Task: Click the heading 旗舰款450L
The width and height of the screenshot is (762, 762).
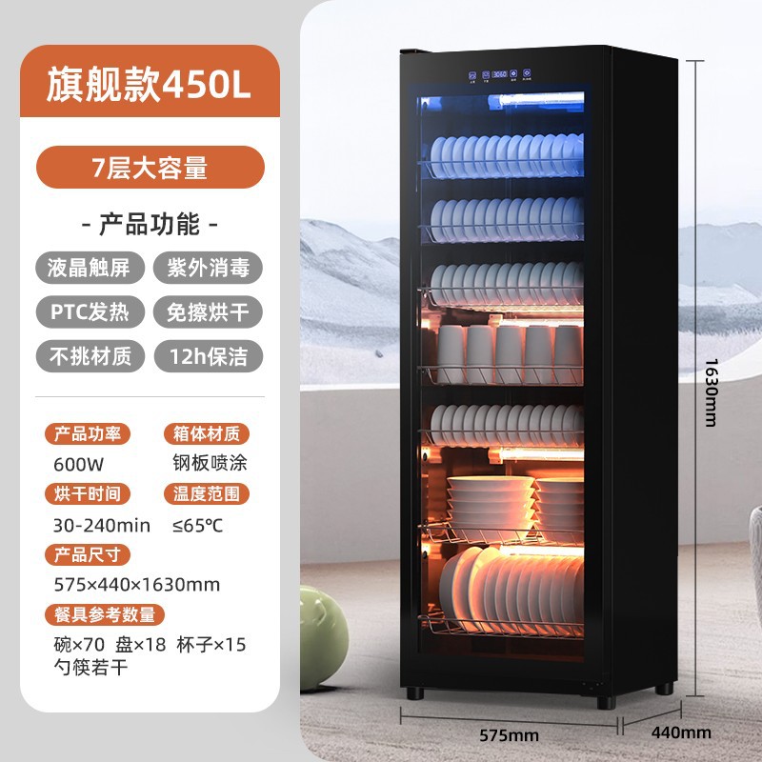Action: tap(150, 85)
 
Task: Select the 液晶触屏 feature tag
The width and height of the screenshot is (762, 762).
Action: tap(90, 268)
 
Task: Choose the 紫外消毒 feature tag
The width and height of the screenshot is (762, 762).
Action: tap(208, 268)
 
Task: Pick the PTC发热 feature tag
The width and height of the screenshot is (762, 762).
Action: tap(90, 311)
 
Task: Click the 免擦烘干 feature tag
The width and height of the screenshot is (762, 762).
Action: tap(208, 311)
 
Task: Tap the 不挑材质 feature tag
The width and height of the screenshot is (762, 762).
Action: tap(90, 355)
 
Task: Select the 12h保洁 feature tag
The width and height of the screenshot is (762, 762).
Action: tap(208, 355)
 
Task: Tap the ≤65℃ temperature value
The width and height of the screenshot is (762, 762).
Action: tap(197, 525)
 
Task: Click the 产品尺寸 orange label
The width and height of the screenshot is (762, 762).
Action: tap(87, 554)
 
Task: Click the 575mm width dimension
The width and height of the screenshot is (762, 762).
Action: tap(511, 734)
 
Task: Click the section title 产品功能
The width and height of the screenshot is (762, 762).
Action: tap(150, 225)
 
